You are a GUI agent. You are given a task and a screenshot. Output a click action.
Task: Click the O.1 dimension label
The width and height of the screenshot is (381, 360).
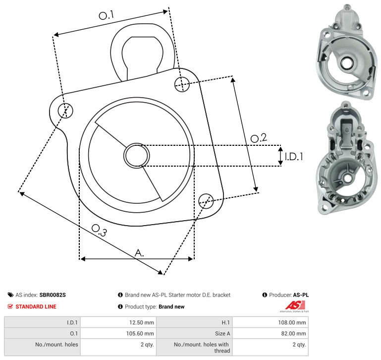tap(107, 15)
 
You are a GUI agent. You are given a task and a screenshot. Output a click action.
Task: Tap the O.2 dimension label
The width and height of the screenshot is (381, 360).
tap(259, 138)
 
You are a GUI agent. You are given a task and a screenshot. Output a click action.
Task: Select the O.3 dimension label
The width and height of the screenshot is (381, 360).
tap(99, 231)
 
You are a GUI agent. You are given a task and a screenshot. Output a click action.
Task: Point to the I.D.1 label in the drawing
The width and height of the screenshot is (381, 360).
tap(294, 157)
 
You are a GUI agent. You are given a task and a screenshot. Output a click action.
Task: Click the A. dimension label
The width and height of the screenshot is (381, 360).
tap(139, 253)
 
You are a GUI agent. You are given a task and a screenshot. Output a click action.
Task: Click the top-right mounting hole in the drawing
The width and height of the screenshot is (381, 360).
tap(182, 84)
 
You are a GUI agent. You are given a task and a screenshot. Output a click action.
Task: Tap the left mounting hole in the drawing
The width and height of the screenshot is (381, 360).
tap(65, 111)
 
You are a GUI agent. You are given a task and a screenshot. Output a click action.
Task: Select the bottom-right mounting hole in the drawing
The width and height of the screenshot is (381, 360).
tap(206, 201)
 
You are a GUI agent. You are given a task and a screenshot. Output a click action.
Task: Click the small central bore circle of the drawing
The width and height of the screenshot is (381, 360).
tap(137, 155)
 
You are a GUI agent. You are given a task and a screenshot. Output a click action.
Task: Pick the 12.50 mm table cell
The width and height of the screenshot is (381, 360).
tap(141, 322)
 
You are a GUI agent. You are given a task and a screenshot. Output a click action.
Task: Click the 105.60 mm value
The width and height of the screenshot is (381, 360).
tap(140, 334)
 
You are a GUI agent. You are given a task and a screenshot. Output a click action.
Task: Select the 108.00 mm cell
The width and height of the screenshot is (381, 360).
tap(292, 322)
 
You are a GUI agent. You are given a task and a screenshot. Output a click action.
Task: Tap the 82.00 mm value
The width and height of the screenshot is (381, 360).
tap(293, 334)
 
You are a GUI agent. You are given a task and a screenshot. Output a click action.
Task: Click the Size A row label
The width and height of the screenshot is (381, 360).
tap(222, 334)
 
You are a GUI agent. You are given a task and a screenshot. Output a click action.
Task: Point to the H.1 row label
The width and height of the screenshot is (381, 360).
tap(226, 322)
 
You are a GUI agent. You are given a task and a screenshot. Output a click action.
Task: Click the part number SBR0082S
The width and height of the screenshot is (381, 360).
tap(53, 295)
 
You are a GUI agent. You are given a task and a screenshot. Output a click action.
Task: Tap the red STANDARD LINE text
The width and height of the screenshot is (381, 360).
tap(36, 306)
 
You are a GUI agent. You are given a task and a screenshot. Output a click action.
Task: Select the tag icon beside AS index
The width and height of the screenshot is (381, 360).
tap(10, 295)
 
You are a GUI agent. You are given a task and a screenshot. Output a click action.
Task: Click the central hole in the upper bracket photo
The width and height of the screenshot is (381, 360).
tap(347, 63)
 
